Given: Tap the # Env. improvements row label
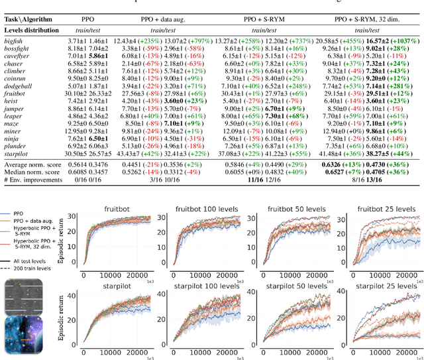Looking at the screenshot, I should pyautogui.click(x=33, y=181).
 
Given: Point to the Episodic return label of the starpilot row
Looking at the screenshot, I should pyautogui.click(x=62, y=316).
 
